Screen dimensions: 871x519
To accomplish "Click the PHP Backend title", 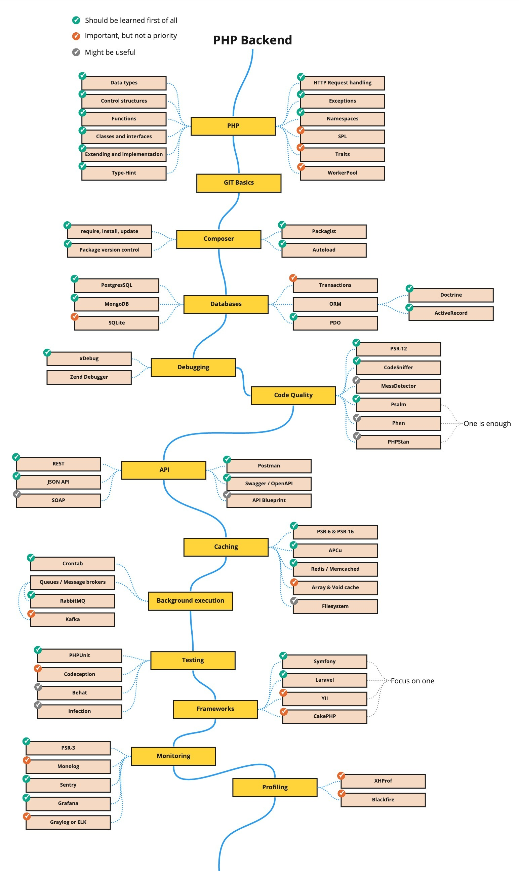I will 252,40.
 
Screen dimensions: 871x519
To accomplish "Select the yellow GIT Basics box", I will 239,183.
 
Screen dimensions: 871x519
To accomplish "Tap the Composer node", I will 218,239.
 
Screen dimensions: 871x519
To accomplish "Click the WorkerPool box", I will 342,173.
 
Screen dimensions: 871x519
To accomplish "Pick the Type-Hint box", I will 124,173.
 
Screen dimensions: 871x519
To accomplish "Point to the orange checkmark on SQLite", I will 75,316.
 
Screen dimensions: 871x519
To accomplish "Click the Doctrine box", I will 450,295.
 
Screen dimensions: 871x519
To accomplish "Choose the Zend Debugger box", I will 89,377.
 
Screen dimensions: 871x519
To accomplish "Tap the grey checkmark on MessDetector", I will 356,380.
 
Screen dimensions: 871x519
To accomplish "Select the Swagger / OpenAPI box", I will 269,484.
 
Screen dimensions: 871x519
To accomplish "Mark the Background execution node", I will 190,601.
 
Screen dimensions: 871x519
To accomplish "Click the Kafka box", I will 72,619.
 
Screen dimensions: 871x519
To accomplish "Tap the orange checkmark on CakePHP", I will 283,712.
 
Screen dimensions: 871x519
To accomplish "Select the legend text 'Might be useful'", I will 110,52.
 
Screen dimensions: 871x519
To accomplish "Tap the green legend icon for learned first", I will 76,20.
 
